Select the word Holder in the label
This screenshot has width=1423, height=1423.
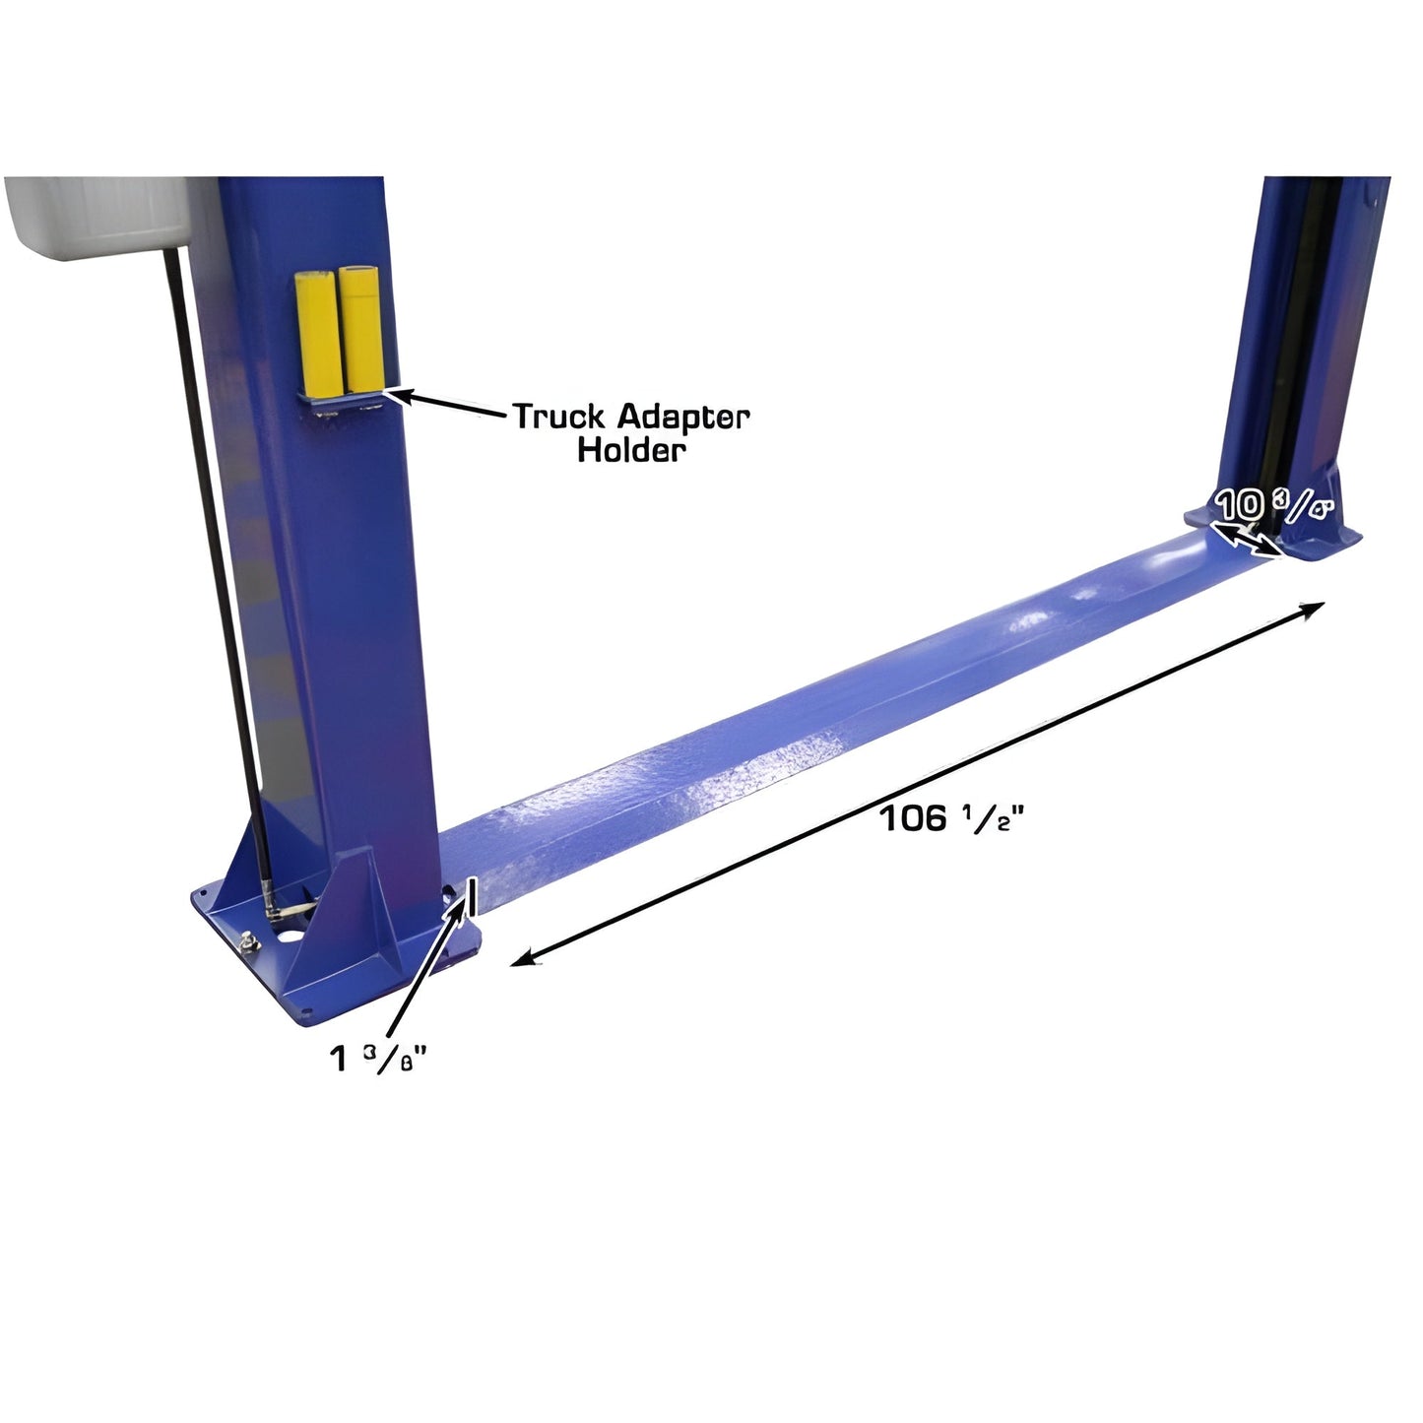coord(630,450)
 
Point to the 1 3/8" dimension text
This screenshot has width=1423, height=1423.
coord(379,1060)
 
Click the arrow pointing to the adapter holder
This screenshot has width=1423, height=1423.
coord(448,404)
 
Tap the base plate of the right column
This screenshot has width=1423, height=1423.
coord(1325,547)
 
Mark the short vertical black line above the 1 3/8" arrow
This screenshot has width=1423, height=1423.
coord(473,895)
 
